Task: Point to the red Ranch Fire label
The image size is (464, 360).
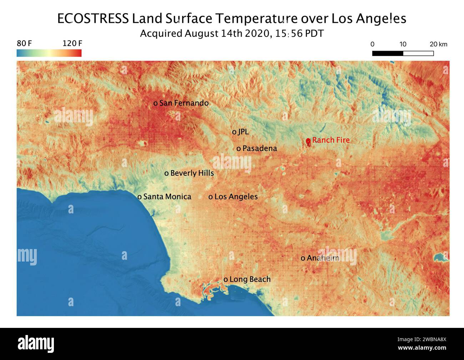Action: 331,140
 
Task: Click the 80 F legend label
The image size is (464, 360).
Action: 24,44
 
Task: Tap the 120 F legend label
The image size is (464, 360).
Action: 72,44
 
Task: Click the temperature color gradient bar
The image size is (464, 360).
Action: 49,53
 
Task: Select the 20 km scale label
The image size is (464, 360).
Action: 438,44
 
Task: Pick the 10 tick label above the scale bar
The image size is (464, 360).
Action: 403,44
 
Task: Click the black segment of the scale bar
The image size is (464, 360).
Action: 388,54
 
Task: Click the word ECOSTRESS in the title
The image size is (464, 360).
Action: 93,19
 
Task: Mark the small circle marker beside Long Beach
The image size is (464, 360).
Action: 226,280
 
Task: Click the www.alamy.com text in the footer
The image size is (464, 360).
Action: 422,348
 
